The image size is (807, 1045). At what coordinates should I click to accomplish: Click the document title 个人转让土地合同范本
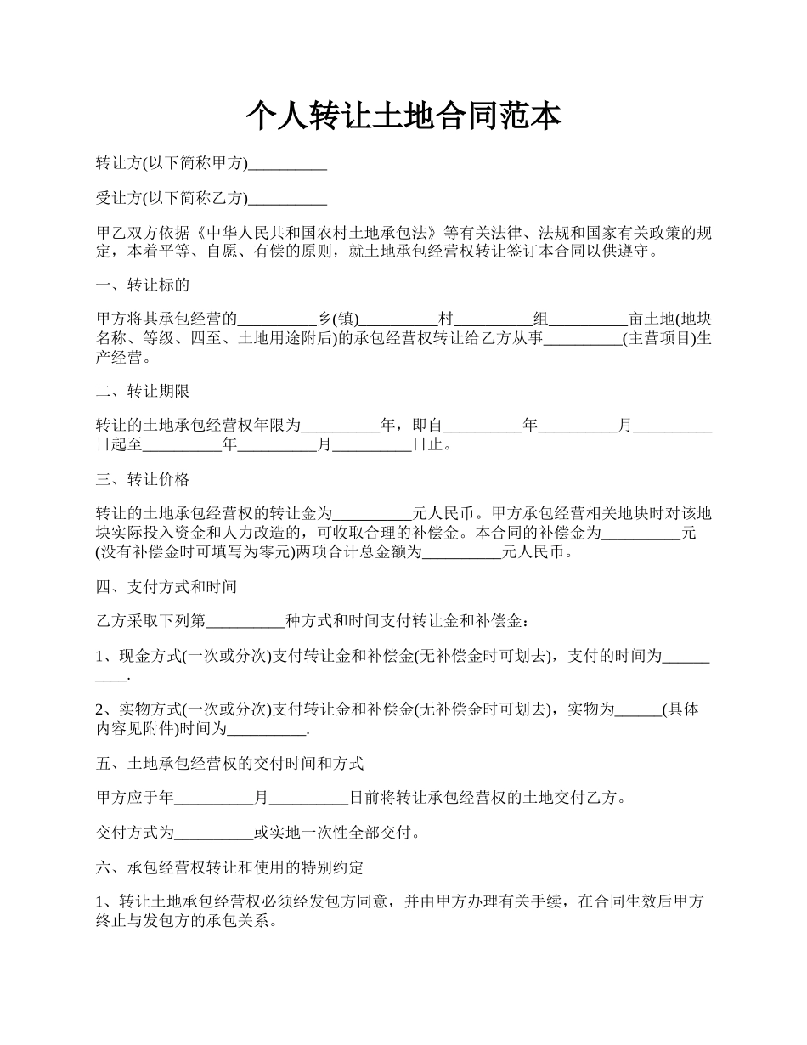pos(403,116)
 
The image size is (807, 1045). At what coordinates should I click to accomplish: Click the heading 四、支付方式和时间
pos(166,587)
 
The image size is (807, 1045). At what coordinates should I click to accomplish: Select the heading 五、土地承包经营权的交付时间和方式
pos(230,764)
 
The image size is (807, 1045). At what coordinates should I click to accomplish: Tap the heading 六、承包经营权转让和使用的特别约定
pos(230,867)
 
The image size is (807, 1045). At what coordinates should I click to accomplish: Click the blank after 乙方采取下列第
pos(246,622)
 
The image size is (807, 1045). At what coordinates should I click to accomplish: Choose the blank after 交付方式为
pos(213,833)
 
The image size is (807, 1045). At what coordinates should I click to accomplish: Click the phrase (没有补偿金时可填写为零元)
pos(194,552)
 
